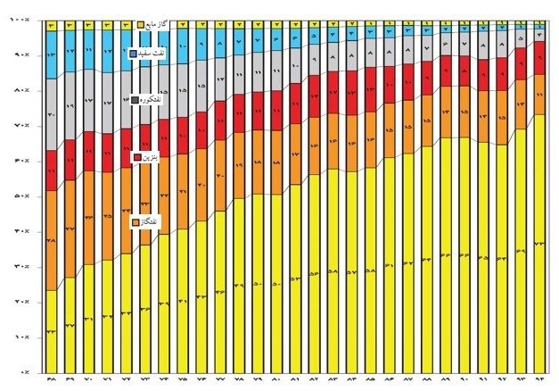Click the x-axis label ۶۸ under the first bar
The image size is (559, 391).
[x=50, y=381]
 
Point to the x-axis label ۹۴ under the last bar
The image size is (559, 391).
[x=538, y=381]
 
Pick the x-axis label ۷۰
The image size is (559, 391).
[x=88, y=381]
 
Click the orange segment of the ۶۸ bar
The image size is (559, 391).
[x=51, y=240]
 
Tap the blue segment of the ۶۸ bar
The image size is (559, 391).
[x=51, y=54]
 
